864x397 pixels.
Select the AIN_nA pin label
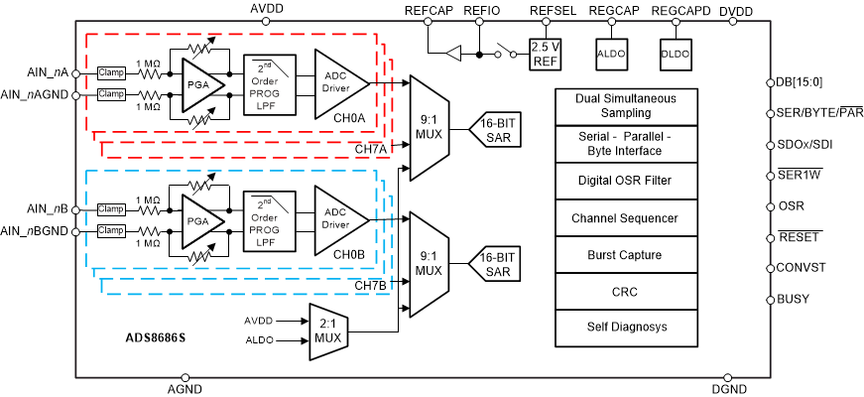tap(48, 71)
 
